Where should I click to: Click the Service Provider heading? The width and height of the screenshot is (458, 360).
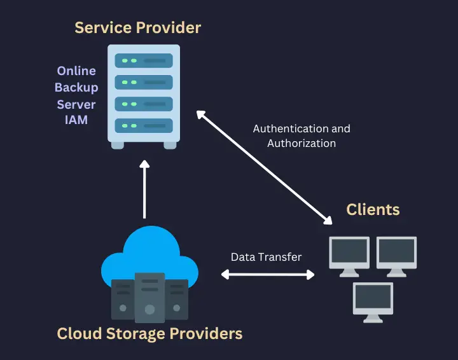click(x=137, y=27)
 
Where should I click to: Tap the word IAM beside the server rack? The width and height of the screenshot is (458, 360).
click(x=76, y=120)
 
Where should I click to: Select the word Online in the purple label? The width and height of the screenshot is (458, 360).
click(x=76, y=71)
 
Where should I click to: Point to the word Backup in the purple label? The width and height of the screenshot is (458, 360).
click(x=76, y=87)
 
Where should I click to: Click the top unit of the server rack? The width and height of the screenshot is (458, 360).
click(x=143, y=61)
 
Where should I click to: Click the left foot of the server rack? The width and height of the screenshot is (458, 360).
click(x=118, y=145)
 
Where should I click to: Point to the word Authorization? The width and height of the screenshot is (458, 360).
click(x=302, y=143)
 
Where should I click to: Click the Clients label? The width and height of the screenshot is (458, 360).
click(x=373, y=209)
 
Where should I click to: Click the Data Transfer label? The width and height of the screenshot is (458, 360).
click(x=266, y=257)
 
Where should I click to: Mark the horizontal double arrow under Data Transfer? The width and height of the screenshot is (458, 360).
click(x=268, y=275)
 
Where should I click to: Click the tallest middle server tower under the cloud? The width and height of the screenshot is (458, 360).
click(x=149, y=296)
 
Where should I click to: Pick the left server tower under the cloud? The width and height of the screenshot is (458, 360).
click(x=123, y=300)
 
